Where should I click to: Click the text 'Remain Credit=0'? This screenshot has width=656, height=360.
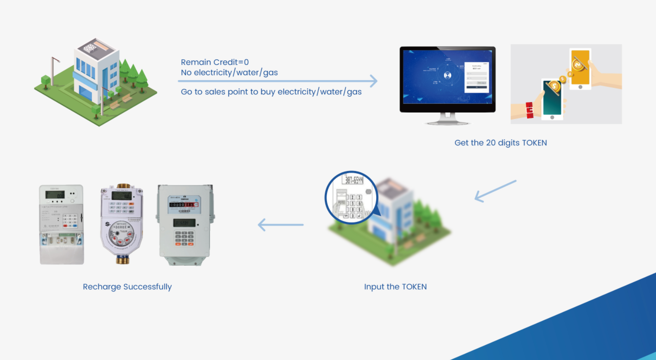[x=215, y=62]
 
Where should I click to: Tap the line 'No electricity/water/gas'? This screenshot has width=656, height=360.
[x=229, y=72]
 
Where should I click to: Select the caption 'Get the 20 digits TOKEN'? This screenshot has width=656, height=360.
[x=500, y=143]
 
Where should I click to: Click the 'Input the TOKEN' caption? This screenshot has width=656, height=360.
[x=395, y=287]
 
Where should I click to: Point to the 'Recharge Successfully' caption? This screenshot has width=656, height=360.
[x=127, y=287]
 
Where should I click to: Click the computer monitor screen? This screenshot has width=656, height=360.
[x=447, y=78]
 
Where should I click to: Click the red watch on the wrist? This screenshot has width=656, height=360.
[x=529, y=110]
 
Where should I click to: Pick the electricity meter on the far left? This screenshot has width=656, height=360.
[x=61, y=224]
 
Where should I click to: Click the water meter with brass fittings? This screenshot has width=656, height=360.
[x=121, y=224]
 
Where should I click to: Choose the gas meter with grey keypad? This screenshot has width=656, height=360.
[x=185, y=225]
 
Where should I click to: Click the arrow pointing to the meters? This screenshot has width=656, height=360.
[x=280, y=225]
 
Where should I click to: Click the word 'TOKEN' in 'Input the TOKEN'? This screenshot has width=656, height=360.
[x=414, y=287]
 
